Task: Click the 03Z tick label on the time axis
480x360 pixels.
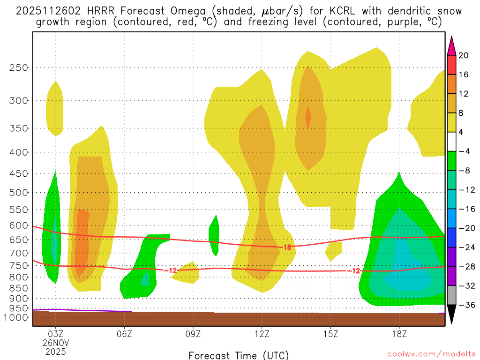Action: pos(56,334)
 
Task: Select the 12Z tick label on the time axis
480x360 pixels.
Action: pos(262,334)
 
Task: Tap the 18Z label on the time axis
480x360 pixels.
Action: pos(399,334)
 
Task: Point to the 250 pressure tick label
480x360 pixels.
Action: pos(19,67)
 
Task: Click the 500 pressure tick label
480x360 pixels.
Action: pos(19,192)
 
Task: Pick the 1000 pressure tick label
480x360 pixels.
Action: pos(17,317)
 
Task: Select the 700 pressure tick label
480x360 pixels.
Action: pos(19,253)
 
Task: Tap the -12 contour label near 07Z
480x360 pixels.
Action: pos(170,270)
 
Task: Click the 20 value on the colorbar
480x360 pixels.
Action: pos(464,55)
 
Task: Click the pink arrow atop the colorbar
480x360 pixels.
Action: pos(451,46)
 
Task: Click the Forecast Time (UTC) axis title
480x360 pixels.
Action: pos(239,355)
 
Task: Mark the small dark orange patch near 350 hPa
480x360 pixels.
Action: pos(308,116)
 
